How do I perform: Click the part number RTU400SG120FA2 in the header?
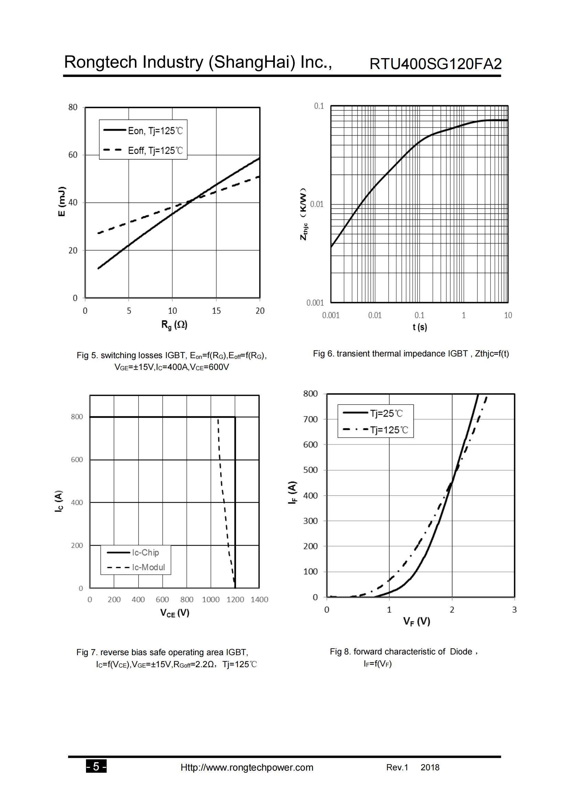click(436, 64)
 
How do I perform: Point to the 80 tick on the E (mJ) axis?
click(73, 107)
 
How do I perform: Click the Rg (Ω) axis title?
click(174, 325)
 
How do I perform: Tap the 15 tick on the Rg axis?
click(216, 311)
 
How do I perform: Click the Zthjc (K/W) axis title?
click(304, 214)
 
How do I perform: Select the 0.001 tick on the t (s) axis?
click(331, 316)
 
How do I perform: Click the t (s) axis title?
click(420, 327)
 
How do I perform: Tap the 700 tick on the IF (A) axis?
click(310, 419)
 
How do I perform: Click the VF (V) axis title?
click(417, 621)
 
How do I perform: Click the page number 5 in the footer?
click(96, 767)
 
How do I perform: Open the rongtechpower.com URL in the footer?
click(247, 768)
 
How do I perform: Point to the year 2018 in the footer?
click(430, 767)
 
